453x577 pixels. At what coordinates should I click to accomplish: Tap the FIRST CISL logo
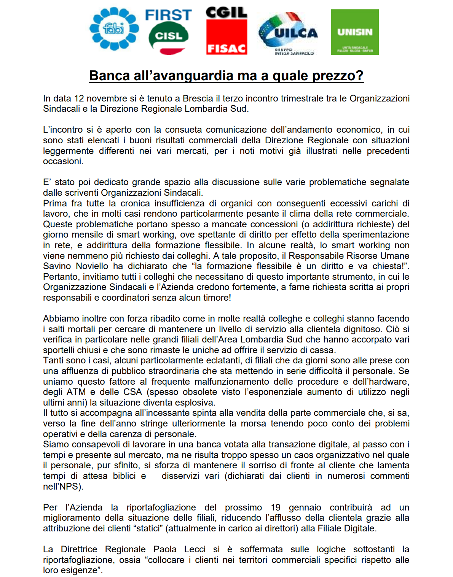click(x=169, y=31)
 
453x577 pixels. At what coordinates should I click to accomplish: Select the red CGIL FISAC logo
click(x=226, y=31)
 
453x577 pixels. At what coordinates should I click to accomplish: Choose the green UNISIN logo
click(x=355, y=32)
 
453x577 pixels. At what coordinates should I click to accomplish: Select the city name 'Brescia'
click(x=198, y=98)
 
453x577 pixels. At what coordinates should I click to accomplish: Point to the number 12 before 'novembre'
click(x=79, y=98)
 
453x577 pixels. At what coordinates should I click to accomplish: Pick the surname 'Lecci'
click(x=195, y=549)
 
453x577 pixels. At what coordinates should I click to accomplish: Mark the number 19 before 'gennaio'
click(x=276, y=507)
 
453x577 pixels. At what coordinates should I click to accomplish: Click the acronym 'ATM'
click(x=76, y=392)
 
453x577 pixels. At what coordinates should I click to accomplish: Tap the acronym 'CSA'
click(x=132, y=392)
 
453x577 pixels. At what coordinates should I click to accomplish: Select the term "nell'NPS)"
click(x=63, y=487)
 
